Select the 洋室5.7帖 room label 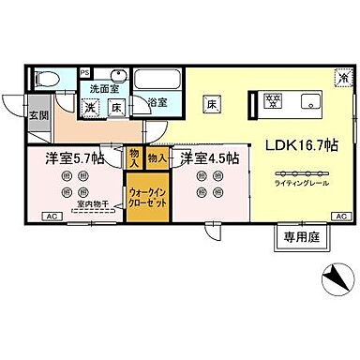coord(71,158)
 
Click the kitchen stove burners coord(275,100)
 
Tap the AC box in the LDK coord(339,217)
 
